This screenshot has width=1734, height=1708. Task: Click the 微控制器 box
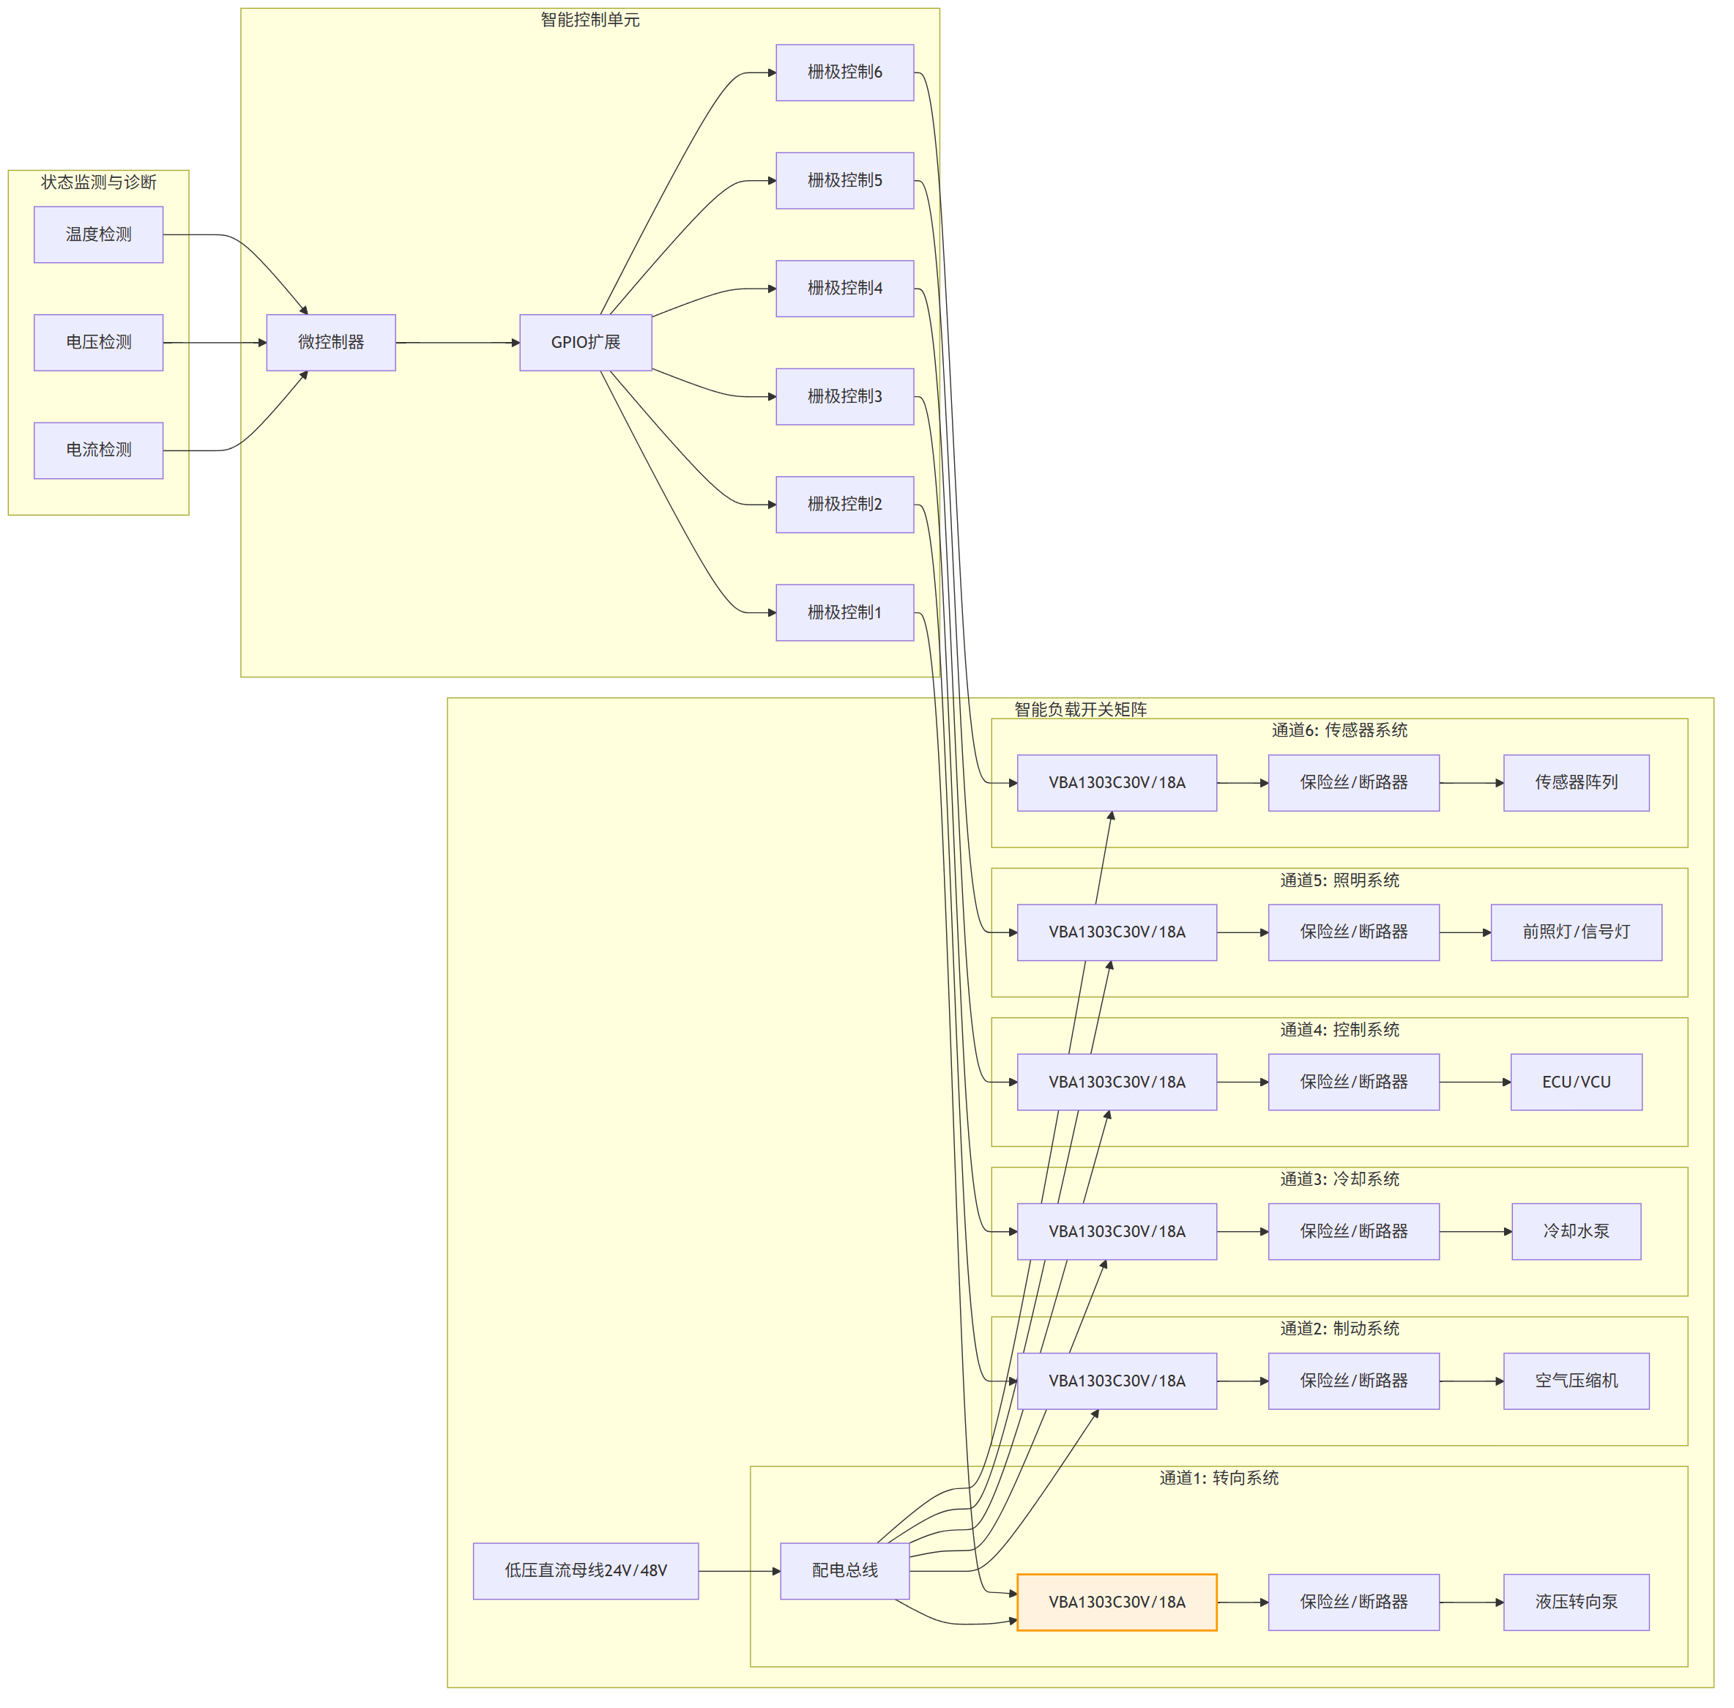click(331, 343)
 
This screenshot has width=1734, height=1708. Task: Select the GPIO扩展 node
click(586, 343)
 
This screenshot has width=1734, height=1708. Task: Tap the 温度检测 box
click(99, 235)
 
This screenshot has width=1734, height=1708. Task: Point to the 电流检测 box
click(99, 450)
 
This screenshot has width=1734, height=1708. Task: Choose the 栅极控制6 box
click(845, 73)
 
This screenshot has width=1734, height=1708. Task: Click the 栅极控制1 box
click(845, 613)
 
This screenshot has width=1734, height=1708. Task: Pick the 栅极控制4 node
click(845, 289)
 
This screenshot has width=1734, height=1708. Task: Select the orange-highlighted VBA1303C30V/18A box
click(1117, 1602)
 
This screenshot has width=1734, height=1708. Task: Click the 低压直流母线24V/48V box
click(586, 1571)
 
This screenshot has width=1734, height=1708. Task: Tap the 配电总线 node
click(845, 1571)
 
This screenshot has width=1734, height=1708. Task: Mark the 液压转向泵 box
click(1576, 1602)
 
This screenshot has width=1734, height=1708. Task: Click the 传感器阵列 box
click(1576, 783)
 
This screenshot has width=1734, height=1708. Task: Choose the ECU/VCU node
click(1576, 1083)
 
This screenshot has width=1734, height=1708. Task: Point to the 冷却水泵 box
click(1576, 1232)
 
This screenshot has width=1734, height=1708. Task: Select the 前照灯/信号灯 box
click(1576, 933)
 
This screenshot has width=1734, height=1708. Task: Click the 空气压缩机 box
click(1576, 1381)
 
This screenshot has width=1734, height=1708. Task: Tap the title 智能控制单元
click(590, 20)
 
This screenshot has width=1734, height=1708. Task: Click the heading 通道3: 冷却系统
click(1339, 1178)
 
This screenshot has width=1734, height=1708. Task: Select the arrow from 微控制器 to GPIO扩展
click(458, 343)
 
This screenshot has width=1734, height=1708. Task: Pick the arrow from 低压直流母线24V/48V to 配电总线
click(739, 1571)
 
